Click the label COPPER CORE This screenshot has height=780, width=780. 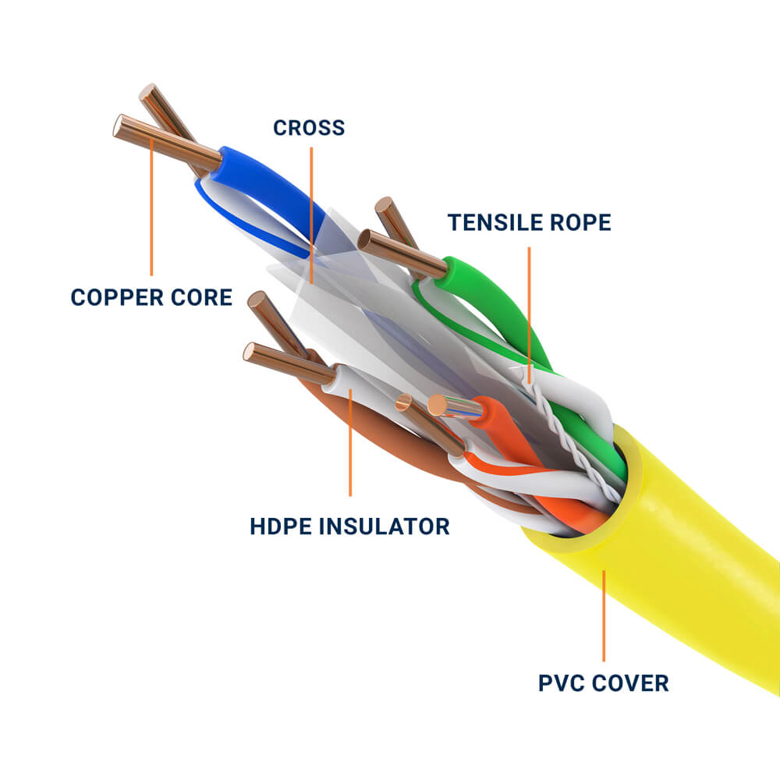tap(151, 297)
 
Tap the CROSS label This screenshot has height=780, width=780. tap(309, 127)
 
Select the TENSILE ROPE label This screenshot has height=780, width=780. tap(529, 222)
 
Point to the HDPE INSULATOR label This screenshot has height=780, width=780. tap(349, 526)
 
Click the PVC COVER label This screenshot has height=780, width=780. tap(603, 683)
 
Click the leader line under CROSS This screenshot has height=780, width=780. tap(311, 211)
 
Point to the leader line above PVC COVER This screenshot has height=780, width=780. tap(603, 616)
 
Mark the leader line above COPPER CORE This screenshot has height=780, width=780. tap(151, 211)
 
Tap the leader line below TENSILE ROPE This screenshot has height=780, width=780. tap(529, 312)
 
